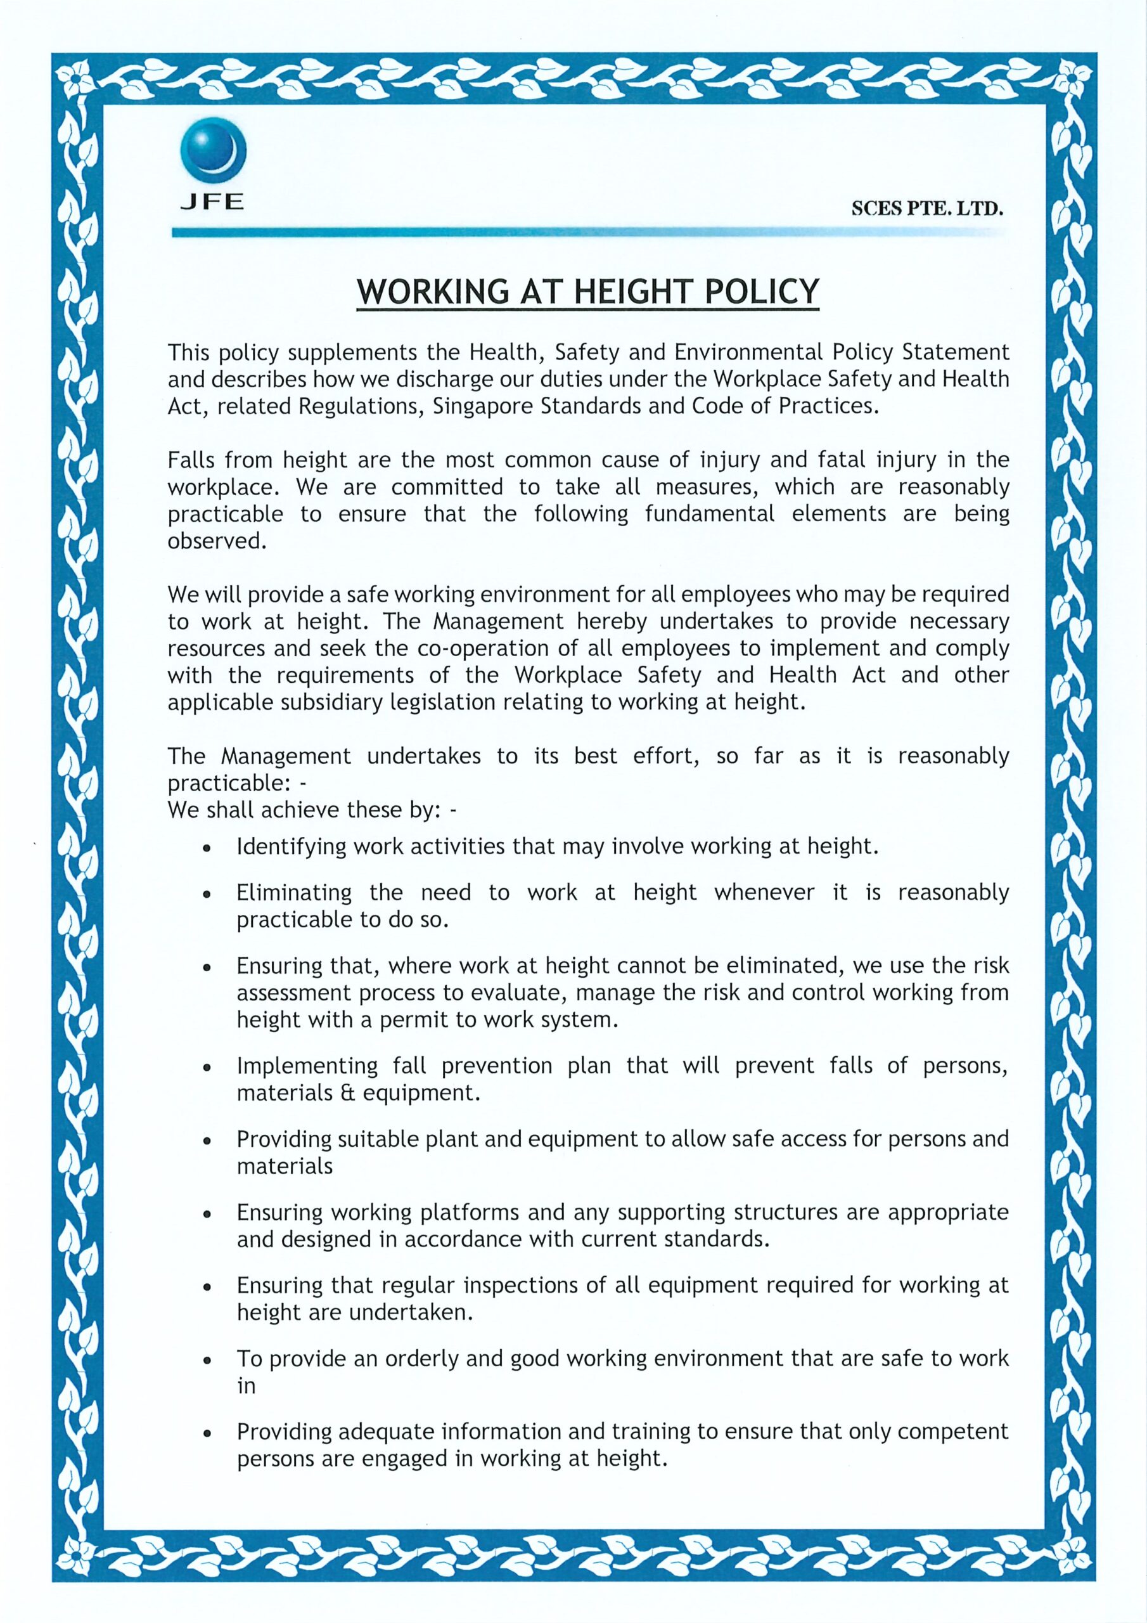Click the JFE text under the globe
click(x=212, y=202)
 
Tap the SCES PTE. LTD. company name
click(x=927, y=209)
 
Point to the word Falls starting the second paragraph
click(x=189, y=460)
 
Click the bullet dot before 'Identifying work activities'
click(x=207, y=848)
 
